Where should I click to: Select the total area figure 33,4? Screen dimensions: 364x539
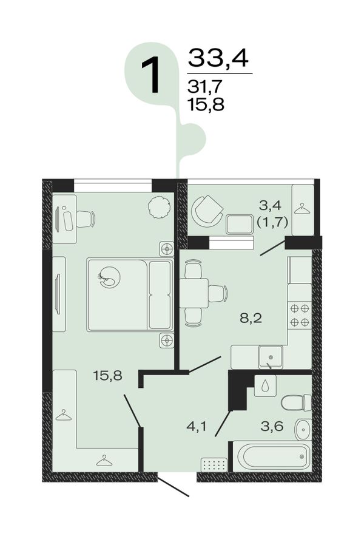pyautogui.click(x=218, y=58)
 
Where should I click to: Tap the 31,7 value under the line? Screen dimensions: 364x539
pyautogui.click(x=205, y=86)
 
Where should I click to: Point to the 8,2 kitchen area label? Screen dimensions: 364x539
pyautogui.click(x=251, y=318)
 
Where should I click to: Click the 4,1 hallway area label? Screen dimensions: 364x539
pyautogui.click(x=197, y=427)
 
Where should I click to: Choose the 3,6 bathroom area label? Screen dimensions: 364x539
pyautogui.click(x=272, y=427)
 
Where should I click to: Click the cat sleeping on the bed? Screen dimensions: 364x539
pyautogui.click(x=109, y=277)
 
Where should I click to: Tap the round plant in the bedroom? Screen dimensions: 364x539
pyautogui.click(x=159, y=207)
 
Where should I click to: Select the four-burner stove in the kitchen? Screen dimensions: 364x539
pyautogui.click(x=300, y=315)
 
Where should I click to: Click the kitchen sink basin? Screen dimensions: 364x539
pyautogui.click(x=271, y=357)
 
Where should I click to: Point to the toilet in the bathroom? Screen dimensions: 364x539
pyautogui.click(x=296, y=402)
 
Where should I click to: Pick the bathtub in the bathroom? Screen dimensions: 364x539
pyautogui.click(x=272, y=456)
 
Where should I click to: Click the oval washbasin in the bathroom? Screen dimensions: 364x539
pyautogui.click(x=303, y=429)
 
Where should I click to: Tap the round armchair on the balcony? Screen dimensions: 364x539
pyautogui.click(x=207, y=211)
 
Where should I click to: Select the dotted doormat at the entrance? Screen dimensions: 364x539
pyautogui.click(x=214, y=465)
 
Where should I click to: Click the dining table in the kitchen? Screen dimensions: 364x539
pyautogui.click(x=194, y=293)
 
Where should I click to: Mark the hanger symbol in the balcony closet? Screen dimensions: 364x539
pyautogui.click(x=303, y=208)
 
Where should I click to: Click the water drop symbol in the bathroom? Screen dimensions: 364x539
pyautogui.click(x=266, y=385)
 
